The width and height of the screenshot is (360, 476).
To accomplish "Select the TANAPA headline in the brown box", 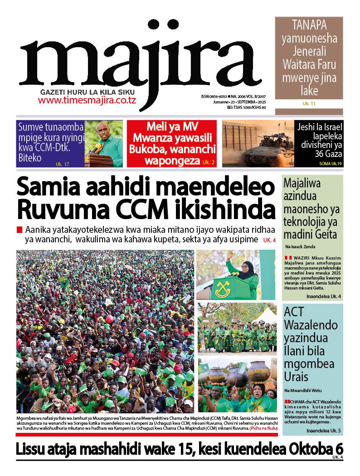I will point(309,58).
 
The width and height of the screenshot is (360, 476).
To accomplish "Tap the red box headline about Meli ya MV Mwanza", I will point(171,143).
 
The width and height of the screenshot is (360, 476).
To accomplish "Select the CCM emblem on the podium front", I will point(223,287).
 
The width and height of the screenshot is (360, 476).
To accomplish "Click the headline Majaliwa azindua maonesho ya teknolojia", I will point(311,209).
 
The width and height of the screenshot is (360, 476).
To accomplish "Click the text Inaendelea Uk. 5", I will point(323,430).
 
